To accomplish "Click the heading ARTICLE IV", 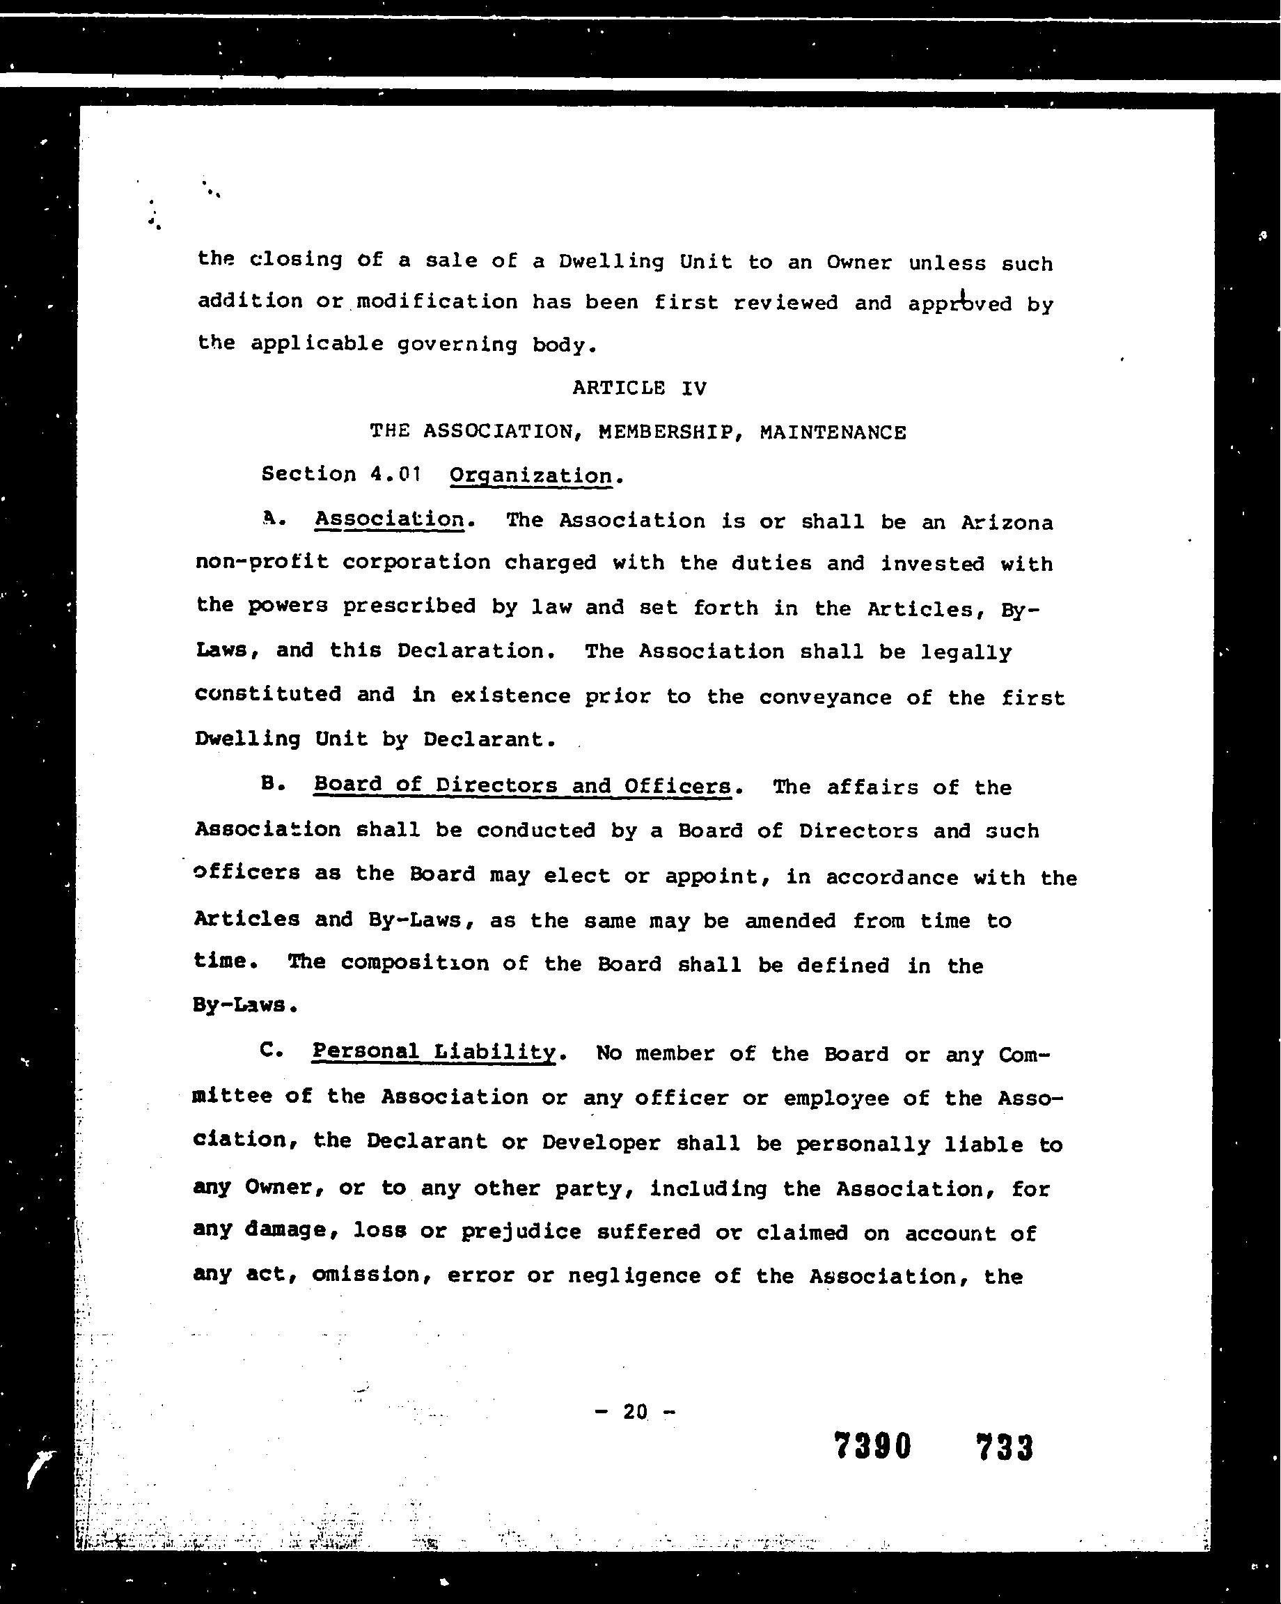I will (639, 388).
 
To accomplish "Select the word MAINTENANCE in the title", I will (833, 432).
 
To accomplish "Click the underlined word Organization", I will (531, 476).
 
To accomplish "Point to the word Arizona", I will (1007, 522).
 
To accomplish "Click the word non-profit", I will (262, 562).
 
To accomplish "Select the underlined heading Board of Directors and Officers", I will (522, 785).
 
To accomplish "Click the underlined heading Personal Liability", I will (434, 1051).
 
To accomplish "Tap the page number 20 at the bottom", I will (636, 1411).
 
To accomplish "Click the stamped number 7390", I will (872, 1447).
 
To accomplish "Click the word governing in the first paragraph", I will (457, 345).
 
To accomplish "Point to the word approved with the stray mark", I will (959, 304).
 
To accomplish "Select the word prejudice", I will (521, 1232).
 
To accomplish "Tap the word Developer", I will (600, 1142).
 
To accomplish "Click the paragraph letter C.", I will (272, 1051).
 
